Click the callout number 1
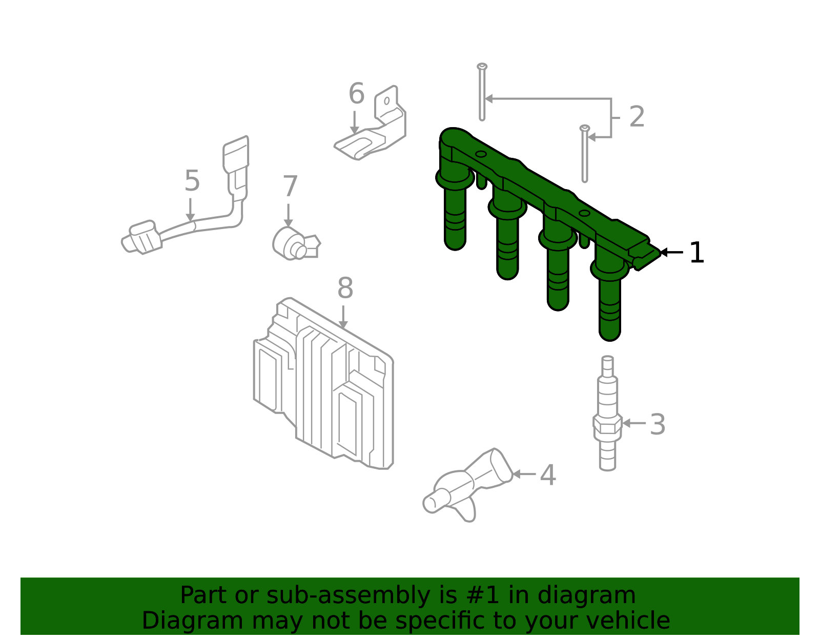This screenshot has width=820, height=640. [696, 252]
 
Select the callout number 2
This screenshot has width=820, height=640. [637, 116]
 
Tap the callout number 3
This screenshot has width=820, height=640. [658, 424]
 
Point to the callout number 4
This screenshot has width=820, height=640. [548, 475]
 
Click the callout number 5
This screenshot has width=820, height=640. [192, 181]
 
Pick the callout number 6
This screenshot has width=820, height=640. [357, 93]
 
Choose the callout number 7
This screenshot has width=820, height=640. [290, 186]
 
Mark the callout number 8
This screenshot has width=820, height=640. [345, 288]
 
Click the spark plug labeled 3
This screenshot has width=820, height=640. [607, 413]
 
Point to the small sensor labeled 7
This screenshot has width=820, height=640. [295, 244]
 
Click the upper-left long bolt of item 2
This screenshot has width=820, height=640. [482, 92]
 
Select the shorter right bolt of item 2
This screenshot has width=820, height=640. [585, 154]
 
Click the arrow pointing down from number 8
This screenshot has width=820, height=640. [343, 317]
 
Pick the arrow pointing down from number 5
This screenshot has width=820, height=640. [190, 210]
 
